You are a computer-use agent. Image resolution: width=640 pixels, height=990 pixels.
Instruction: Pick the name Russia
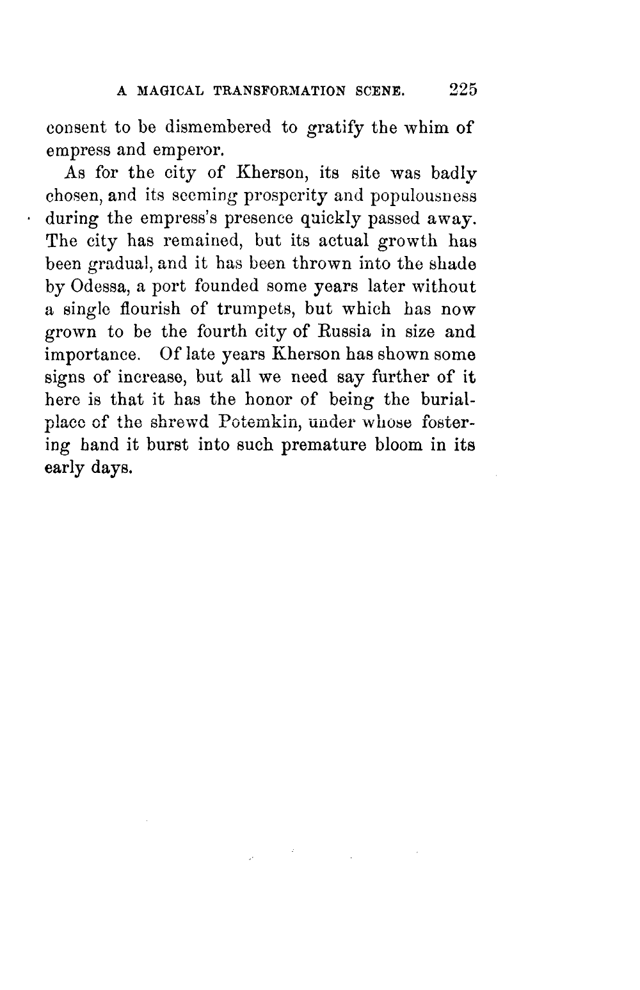tap(346, 332)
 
